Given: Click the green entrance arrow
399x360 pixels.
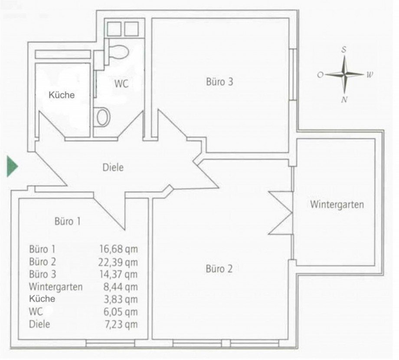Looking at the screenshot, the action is (x=12, y=167).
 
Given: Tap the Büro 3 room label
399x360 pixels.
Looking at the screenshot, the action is (x=219, y=82).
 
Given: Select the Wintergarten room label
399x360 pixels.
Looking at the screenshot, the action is (x=337, y=205).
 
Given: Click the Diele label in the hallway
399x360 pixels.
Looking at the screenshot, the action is (x=113, y=167).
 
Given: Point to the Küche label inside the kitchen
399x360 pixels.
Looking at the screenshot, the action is (x=62, y=95).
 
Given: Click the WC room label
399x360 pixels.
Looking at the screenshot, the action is (x=121, y=84).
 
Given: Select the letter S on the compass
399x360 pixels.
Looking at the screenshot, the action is (x=344, y=49).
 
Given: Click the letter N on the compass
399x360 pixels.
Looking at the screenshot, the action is (x=344, y=99).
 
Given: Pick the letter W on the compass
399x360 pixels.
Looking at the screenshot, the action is (x=370, y=75).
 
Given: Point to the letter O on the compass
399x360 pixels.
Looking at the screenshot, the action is (x=320, y=75).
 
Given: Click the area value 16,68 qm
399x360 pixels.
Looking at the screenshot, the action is (x=118, y=249).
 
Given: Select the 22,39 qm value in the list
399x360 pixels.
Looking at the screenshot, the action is (x=118, y=262).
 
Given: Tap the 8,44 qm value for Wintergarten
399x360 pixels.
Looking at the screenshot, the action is (x=121, y=287).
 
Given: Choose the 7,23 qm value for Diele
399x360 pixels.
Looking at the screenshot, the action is (x=121, y=324).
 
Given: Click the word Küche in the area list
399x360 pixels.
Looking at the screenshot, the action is (x=42, y=298).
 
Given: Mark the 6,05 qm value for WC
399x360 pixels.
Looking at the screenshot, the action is (x=121, y=312).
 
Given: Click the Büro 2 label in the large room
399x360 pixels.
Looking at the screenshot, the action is (x=219, y=269).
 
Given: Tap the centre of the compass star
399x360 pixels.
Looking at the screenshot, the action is (x=344, y=75).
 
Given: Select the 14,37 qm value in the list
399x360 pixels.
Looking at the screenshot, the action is (x=118, y=274).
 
